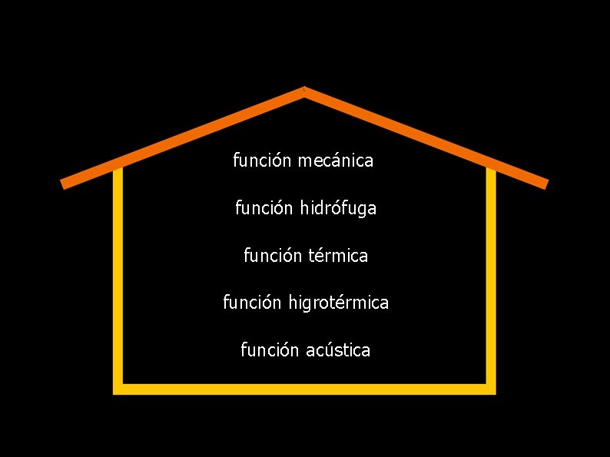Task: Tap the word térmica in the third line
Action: [x=338, y=256]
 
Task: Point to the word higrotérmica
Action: [x=339, y=303]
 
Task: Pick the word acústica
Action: [x=338, y=350]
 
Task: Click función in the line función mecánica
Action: [x=262, y=161]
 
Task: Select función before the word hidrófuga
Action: [x=264, y=208]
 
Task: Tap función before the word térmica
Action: [x=273, y=256]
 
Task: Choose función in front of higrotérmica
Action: [x=253, y=303]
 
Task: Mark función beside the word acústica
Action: [x=270, y=350]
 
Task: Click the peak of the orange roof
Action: [x=305, y=91]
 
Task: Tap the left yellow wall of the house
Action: [x=118, y=277]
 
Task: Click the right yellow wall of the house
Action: [x=491, y=277]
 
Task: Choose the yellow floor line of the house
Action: [x=305, y=389]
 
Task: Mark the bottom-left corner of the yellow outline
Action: [x=118, y=389]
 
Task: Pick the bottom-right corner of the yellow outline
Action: [x=491, y=389]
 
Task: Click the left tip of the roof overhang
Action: [x=64, y=184]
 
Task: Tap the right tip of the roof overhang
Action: [x=545, y=184]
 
